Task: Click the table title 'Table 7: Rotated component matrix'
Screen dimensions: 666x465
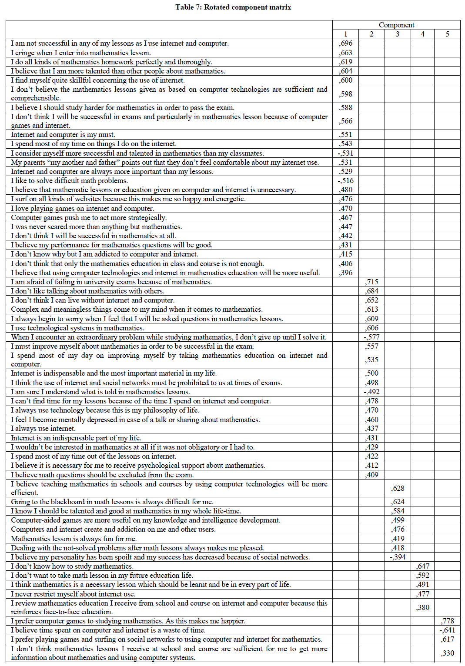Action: point(233,7)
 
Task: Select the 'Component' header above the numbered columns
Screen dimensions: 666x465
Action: point(396,25)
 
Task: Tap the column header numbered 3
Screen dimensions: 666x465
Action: point(398,34)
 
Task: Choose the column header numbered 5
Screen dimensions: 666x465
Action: point(447,34)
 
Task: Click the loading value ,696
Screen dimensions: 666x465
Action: point(346,43)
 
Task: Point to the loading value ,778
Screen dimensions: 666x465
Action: point(447,621)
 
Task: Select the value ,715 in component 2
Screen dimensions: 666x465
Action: point(371,282)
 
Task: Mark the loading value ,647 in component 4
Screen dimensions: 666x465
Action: point(422,566)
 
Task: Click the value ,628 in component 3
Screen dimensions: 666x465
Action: point(398,488)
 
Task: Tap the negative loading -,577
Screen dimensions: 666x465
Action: point(371,337)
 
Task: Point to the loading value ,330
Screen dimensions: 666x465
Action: point(447,653)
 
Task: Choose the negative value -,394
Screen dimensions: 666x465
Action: point(398,557)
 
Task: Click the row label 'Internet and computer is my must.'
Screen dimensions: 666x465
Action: point(63,135)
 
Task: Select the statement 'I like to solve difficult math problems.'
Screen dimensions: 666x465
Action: point(70,180)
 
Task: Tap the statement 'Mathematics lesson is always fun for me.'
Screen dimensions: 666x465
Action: point(74,539)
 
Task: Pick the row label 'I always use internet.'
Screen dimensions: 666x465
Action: point(43,429)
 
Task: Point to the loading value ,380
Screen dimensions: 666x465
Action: point(422,607)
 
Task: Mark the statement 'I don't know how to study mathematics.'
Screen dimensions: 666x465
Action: point(72,566)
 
